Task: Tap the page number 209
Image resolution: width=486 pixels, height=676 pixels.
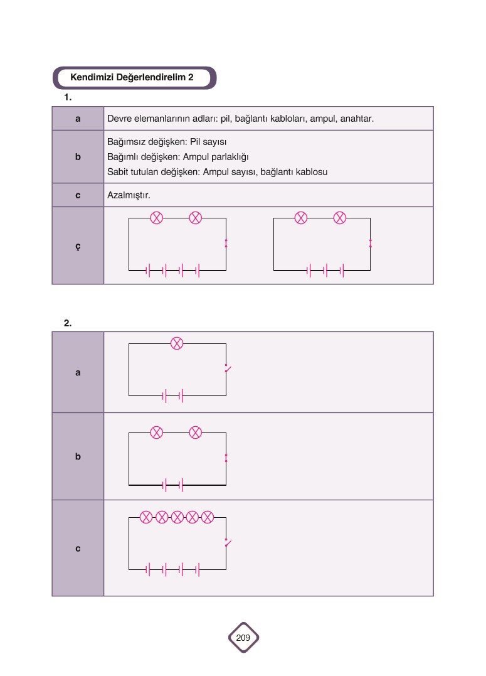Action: tap(243, 638)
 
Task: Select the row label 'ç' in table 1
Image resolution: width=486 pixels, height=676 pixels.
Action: tap(78, 246)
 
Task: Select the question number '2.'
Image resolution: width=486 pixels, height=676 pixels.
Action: tap(68, 323)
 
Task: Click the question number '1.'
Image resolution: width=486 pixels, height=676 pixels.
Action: tap(68, 97)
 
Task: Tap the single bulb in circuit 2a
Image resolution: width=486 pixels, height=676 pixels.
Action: tap(177, 343)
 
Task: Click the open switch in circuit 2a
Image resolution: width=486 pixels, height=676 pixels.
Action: tap(227, 368)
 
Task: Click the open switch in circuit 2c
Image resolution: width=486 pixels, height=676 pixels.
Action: tap(227, 543)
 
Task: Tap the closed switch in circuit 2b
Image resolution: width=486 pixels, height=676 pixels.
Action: tap(226, 458)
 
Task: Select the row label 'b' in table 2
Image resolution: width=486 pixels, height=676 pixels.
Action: tap(78, 457)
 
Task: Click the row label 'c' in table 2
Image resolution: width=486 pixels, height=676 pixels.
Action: tap(78, 549)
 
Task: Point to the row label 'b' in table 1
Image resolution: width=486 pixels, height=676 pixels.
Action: tap(78, 157)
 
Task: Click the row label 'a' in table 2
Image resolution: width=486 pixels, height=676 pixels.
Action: tap(78, 372)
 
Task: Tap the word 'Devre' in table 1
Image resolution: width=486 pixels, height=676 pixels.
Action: tap(119, 119)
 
